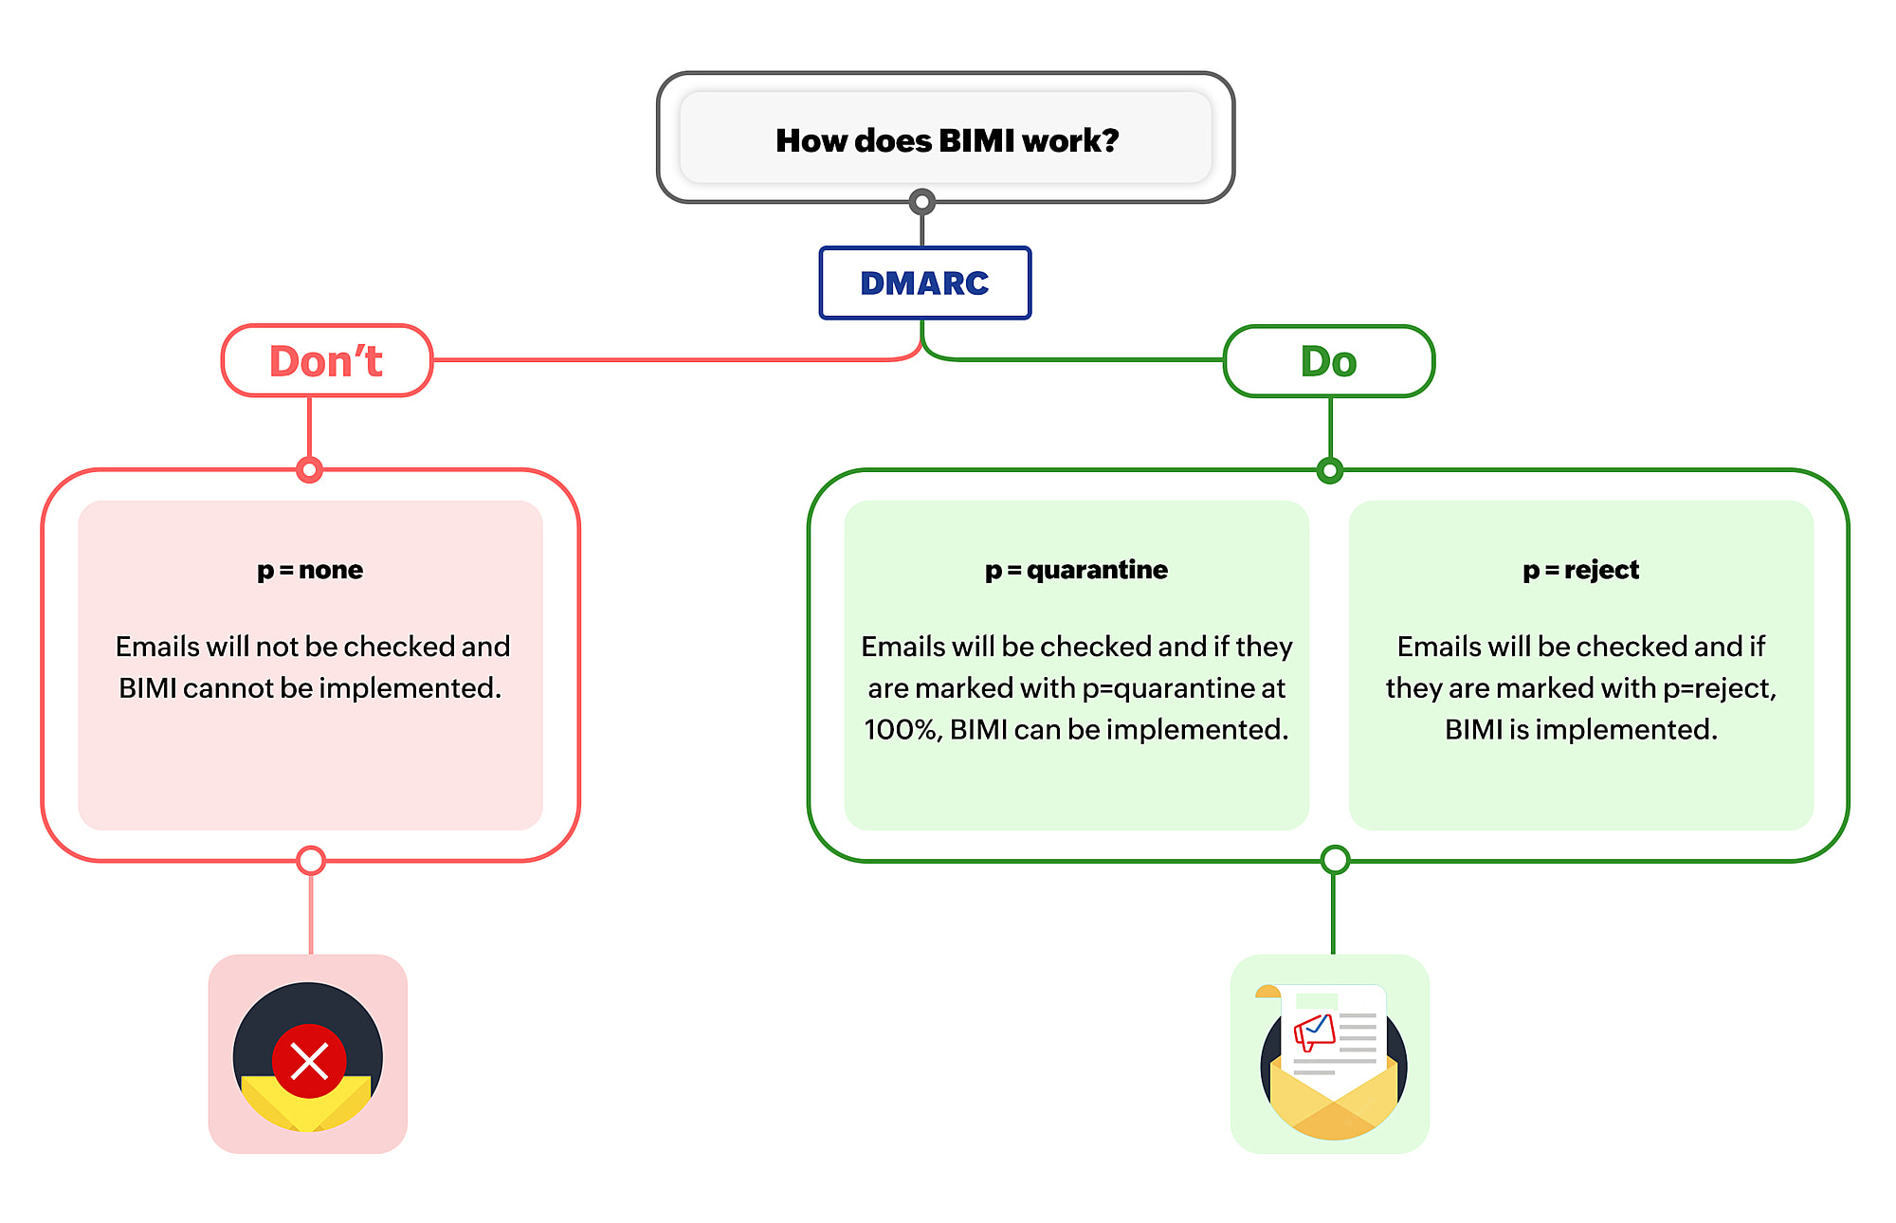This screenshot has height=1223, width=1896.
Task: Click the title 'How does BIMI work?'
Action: tap(946, 140)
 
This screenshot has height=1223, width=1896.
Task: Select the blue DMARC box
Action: tap(924, 283)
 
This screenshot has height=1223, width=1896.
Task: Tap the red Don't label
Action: tap(326, 361)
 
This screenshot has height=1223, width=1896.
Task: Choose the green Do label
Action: tap(1328, 361)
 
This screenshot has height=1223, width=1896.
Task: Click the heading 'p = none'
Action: tap(310, 570)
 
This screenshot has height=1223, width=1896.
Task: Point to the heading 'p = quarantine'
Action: tap(1076, 570)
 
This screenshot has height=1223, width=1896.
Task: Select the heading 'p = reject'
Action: tap(1580, 570)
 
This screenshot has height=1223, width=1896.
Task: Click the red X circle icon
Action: tap(309, 1060)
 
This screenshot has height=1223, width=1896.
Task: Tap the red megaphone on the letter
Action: tap(1314, 1031)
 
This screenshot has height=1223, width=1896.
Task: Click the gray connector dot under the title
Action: tap(922, 202)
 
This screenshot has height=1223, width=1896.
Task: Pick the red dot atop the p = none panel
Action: tap(310, 469)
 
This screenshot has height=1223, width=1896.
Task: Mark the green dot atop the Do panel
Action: tap(1330, 470)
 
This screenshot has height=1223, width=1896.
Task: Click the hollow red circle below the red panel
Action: tap(311, 860)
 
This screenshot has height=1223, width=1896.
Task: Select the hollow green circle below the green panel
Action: tap(1335, 860)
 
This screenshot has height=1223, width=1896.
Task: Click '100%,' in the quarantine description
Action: tap(902, 729)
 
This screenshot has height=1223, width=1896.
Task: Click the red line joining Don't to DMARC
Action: tap(664, 360)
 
